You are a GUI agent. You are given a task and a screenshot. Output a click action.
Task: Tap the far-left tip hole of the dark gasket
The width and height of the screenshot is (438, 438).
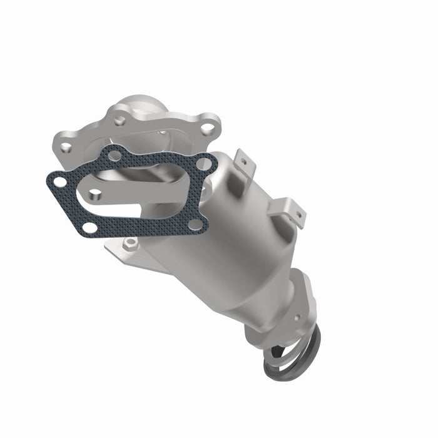[x=60, y=182]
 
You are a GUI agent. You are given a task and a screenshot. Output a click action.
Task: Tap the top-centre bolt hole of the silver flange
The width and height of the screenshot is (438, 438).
[x=119, y=121]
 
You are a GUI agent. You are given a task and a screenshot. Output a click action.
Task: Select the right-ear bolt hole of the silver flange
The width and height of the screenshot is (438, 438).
[x=206, y=129]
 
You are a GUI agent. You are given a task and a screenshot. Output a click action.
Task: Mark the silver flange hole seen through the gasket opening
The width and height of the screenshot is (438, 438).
[x=95, y=195]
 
